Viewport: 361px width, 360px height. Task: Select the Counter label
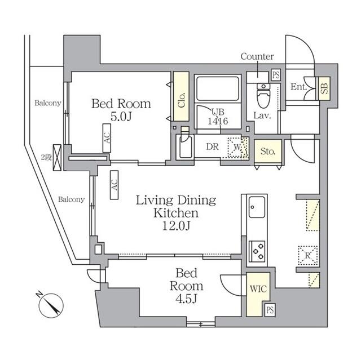(257, 56)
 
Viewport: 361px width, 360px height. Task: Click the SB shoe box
(324, 88)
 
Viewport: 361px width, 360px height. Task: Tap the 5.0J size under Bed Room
(121, 117)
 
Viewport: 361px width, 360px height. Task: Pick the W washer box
(236, 148)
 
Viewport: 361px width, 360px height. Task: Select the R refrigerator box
(307, 255)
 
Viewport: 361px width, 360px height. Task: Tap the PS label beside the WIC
(270, 310)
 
